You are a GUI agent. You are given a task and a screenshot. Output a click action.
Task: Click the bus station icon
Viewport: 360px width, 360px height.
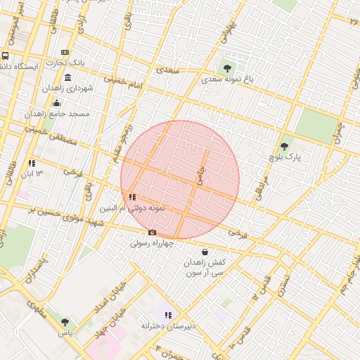pyautogui.click(x=6, y=56)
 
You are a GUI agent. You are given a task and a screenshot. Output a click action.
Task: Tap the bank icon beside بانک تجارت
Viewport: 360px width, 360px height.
pyautogui.click(x=65, y=53)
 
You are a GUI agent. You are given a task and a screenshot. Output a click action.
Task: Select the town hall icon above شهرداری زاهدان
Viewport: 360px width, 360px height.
pyautogui.click(x=67, y=77)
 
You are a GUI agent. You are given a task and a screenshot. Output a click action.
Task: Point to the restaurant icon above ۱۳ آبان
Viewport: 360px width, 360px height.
pyautogui.click(x=32, y=163)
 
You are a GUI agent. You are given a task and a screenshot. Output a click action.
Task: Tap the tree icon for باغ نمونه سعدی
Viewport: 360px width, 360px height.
pyautogui.click(x=226, y=68)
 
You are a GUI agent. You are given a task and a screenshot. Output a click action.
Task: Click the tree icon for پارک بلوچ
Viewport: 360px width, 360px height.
pyautogui.click(x=284, y=146)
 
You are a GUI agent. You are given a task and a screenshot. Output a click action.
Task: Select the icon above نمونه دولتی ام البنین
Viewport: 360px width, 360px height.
pyautogui.click(x=132, y=198)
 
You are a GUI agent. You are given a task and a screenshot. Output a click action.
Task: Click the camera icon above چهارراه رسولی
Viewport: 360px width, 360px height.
pyautogui.click(x=152, y=233)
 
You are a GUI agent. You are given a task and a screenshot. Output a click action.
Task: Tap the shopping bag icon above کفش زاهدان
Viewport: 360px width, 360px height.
pyautogui.click(x=205, y=251)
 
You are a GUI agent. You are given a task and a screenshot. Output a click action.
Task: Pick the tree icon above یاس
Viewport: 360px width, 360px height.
pyautogui.click(x=65, y=321)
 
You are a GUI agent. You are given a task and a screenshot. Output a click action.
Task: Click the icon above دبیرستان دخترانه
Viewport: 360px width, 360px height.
pyautogui.click(x=167, y=315)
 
